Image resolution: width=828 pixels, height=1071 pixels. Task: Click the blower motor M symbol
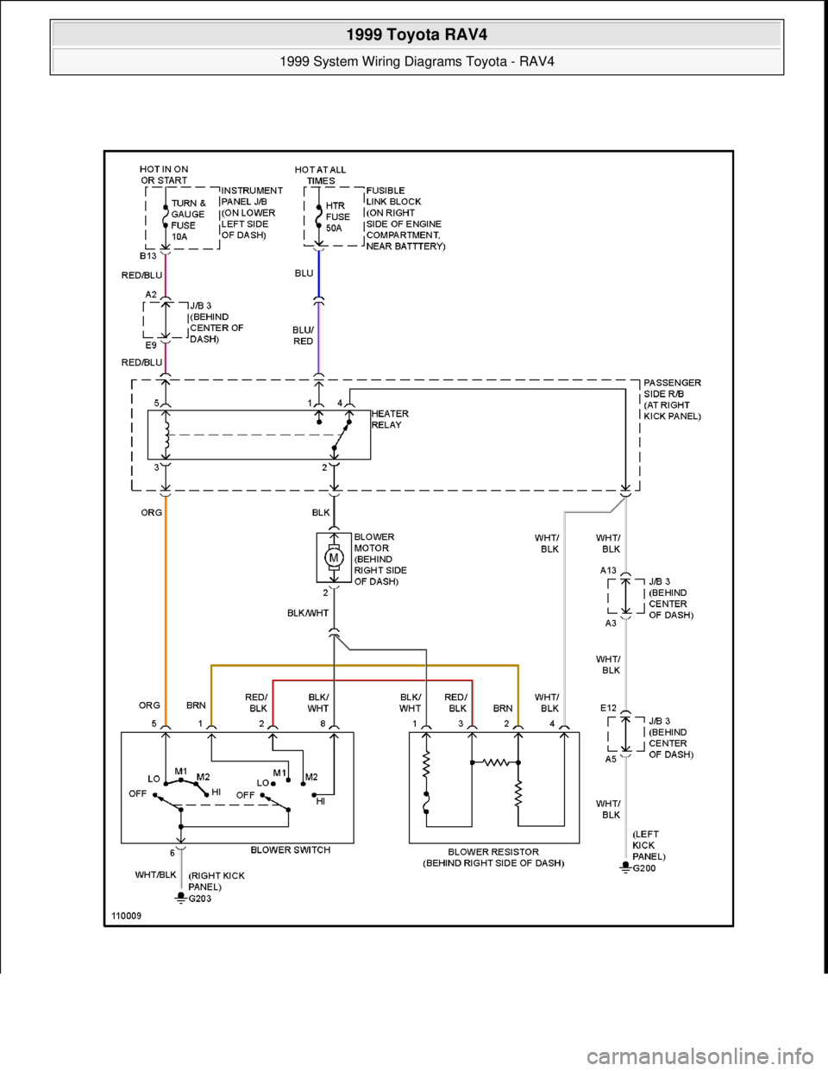333,557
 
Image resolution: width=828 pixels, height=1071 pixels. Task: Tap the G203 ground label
199,898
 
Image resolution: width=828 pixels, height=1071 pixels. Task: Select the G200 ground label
644,867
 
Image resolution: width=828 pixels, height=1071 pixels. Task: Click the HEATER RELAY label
390,419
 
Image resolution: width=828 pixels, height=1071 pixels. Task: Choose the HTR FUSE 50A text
338,217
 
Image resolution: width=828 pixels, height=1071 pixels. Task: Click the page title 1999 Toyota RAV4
416,35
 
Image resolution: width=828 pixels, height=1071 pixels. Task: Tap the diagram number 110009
126,916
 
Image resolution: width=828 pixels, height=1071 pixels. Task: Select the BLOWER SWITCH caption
291,849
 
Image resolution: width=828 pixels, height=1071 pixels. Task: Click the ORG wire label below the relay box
151,512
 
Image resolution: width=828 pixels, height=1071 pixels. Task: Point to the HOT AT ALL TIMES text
321,175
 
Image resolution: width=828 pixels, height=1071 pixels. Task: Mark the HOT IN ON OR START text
164,174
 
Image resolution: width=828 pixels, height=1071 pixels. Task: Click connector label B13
148,256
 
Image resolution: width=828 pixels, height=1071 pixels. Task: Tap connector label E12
608,708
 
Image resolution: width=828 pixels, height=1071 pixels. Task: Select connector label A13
608,570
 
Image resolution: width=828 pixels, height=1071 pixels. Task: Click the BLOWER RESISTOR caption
493,857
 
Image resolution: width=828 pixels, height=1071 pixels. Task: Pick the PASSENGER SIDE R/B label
672,399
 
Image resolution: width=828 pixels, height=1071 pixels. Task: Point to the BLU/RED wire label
303,335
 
